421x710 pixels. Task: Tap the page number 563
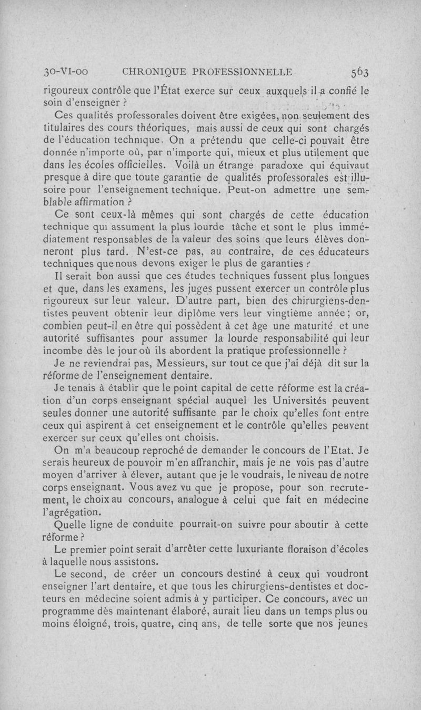coord(357,72)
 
